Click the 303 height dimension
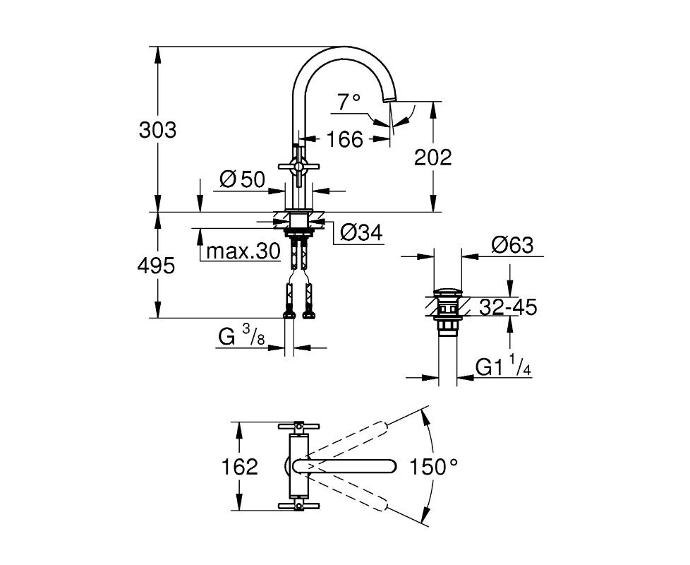[x=157, y=130]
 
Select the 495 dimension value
[x=156, y=266]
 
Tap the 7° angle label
[x=349, y=102]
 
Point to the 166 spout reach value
[x=345, y=139]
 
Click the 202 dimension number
[x=433, y=157]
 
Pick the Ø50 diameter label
[x=242, y=179]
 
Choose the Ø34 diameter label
[x=362, y=232]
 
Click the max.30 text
[x=243, y=251]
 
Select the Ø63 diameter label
[x=512, y=245]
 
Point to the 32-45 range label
[x=508, y=307]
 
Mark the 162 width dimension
[x=239, y=467]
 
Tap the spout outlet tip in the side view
[x=390, y=101]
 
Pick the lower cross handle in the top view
[x=299, y=506]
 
